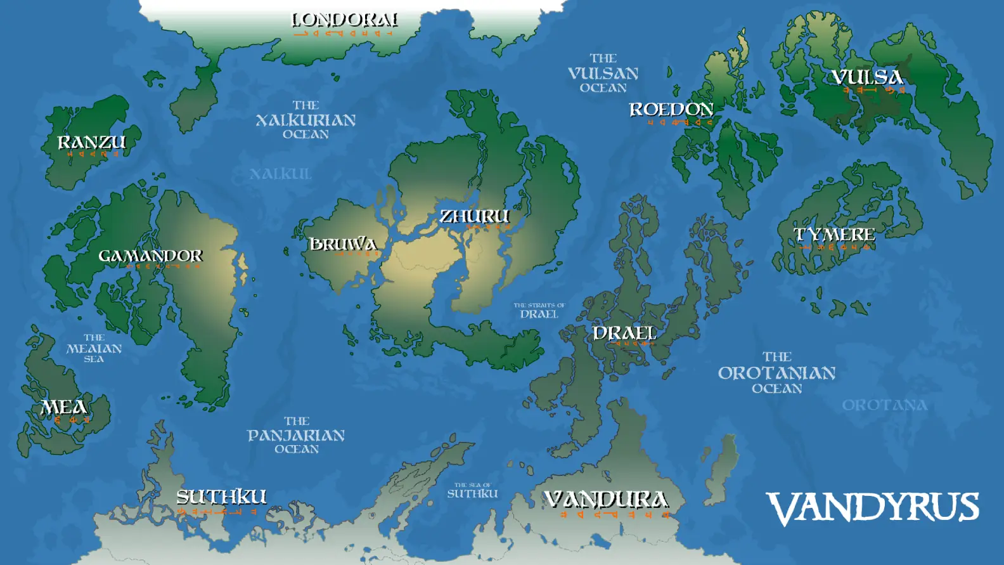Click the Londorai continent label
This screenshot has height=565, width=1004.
pos(345,20)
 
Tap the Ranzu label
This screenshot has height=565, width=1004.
pos(92,142)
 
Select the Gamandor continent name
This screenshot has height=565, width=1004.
pos(150,256)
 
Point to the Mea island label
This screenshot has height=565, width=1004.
pos(63,407)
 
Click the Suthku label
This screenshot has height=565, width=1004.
pos(221,497)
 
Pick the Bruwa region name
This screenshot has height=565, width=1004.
pos(343,244)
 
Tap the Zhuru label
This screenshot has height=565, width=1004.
pos(474,216)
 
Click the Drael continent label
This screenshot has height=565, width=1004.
pos(624,333)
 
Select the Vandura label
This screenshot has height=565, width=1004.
pos(606,500)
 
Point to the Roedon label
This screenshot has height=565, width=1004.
pos(671,110)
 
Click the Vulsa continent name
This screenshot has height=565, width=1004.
pos(867,77)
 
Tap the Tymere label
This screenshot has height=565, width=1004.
pos(834,235)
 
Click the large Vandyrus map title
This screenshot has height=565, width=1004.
pos(873,508)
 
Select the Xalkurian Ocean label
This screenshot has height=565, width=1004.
pos(306,120)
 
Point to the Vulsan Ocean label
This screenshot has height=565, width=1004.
pos(603,73)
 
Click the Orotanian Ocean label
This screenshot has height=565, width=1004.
pos(776,373)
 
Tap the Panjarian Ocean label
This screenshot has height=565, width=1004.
pos(296,435)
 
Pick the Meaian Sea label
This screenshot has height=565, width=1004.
pos(94,348)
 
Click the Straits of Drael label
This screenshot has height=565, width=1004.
pos(539,311)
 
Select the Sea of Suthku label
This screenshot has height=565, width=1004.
pos(472,490)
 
